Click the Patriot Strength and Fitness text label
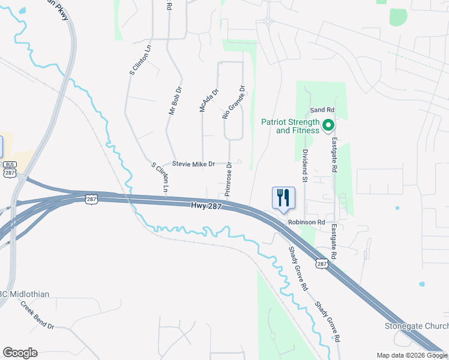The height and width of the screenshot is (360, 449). pyautogui.click(x=291, y=126)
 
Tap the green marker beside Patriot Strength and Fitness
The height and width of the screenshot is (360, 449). pyautogui.click(x=328, y=125)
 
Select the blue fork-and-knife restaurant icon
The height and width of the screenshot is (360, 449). pyautogui.click(x=282, y=197)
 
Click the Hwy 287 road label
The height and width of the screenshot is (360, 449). pyautogui.click(x=207, y=206)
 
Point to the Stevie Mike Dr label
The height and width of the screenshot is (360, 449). pyautogui.click(x=193, y=163)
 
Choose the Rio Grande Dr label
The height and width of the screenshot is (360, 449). pyautogui.click(x=234, y=102)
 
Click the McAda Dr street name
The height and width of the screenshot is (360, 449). pyautogui.click(x=209, y=100)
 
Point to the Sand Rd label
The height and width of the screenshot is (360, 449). pyautogui.click(x=321, y=110)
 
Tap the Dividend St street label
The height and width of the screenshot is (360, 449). pyautogui.click(x=304, y=166)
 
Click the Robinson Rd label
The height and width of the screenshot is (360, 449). pyautogui.click(x=306, y=222)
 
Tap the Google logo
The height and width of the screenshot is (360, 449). pyautogui.click(x=20, y=353)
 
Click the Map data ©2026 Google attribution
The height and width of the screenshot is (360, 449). pyautogui.click(x=412, y=355)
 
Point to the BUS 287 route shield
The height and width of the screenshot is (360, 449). pyautogui.click(x=10, y=169)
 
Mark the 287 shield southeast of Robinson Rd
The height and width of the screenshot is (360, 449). pyautogui.click(x=322, y=263)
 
